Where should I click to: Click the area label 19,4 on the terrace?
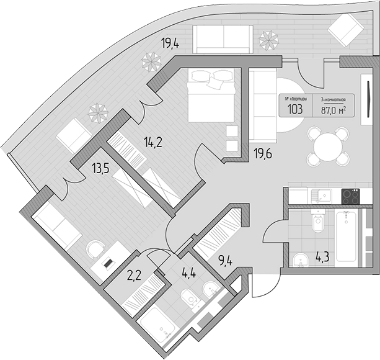pyautogui.click(x=171, y=43)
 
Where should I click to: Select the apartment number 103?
pyautogui.click(x=294, y=110)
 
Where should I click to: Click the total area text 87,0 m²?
pyautogui.click(x=334, y=110)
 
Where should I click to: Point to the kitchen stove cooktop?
pyautogui.click(x=351, y=196)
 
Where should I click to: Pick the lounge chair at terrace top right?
pyautogui.click(x=346, y=29)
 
